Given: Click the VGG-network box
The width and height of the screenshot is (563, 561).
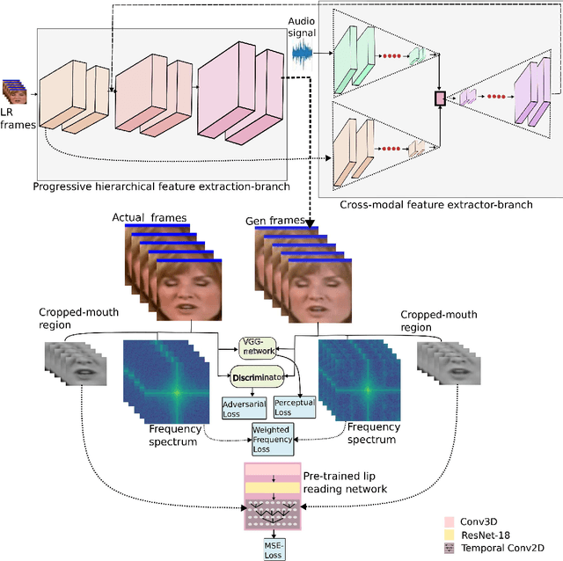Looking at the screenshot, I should (x=258, y=346).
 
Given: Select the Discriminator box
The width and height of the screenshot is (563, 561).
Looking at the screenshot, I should (x=259, y=377).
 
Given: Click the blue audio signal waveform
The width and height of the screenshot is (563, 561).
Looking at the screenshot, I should (x=302, y=54).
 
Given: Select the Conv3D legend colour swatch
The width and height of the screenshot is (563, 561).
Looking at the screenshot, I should (x=451, y=520).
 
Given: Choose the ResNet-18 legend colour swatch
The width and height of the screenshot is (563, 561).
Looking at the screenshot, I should (x=451, y=534).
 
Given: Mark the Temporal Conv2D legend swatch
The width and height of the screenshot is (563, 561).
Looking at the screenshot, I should (x=451, y=548).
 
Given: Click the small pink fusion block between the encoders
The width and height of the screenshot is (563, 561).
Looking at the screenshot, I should (x=439, y=98).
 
